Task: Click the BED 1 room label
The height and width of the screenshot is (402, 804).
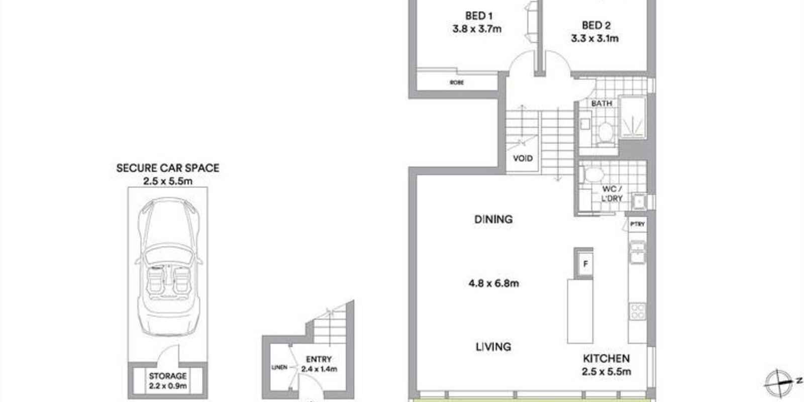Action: (475, 16)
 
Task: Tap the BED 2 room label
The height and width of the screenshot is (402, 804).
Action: (596, 25)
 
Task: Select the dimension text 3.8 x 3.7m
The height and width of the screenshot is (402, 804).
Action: (476, 29)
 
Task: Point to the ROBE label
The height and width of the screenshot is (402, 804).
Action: (457, 82)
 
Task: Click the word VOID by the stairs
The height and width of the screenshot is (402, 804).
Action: (523, 158)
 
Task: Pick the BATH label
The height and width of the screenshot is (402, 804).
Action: (601, 104)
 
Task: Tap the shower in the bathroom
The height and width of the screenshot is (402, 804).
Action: (633, 117)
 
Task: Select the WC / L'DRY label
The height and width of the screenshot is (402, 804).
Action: (612, 193)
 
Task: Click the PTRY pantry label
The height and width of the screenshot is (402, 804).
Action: (637, 224)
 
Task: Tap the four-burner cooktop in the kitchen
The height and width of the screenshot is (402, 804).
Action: (637, 311)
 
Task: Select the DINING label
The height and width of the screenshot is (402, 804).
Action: (493, 219)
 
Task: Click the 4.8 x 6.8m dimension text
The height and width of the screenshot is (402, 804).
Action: (493, 283)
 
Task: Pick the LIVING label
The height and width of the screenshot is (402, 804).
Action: (493, 346)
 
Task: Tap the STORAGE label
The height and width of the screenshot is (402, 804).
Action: (168, 376)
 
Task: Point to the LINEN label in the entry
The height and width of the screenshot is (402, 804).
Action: (279, 367)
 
